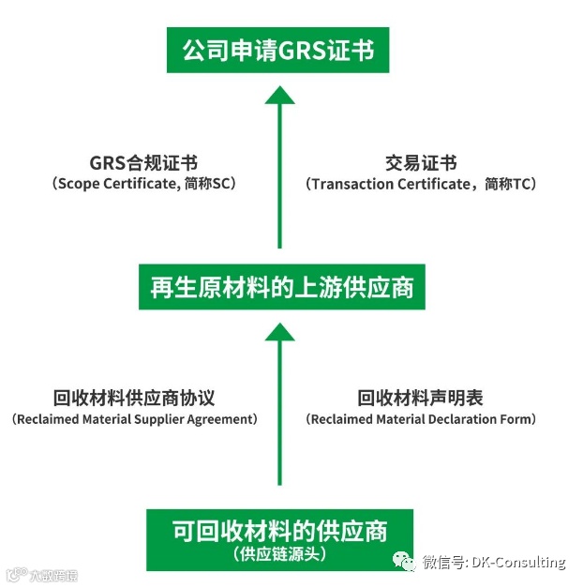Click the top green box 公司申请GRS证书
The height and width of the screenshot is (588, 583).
277,50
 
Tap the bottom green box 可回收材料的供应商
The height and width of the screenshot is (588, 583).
280,537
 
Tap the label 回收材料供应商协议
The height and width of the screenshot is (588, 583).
133,399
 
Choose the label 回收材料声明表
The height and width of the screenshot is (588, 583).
420,399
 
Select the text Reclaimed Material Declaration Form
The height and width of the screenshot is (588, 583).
421,419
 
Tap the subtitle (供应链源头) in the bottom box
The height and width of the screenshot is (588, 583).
280,554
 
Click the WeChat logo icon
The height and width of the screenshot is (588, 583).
406,562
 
